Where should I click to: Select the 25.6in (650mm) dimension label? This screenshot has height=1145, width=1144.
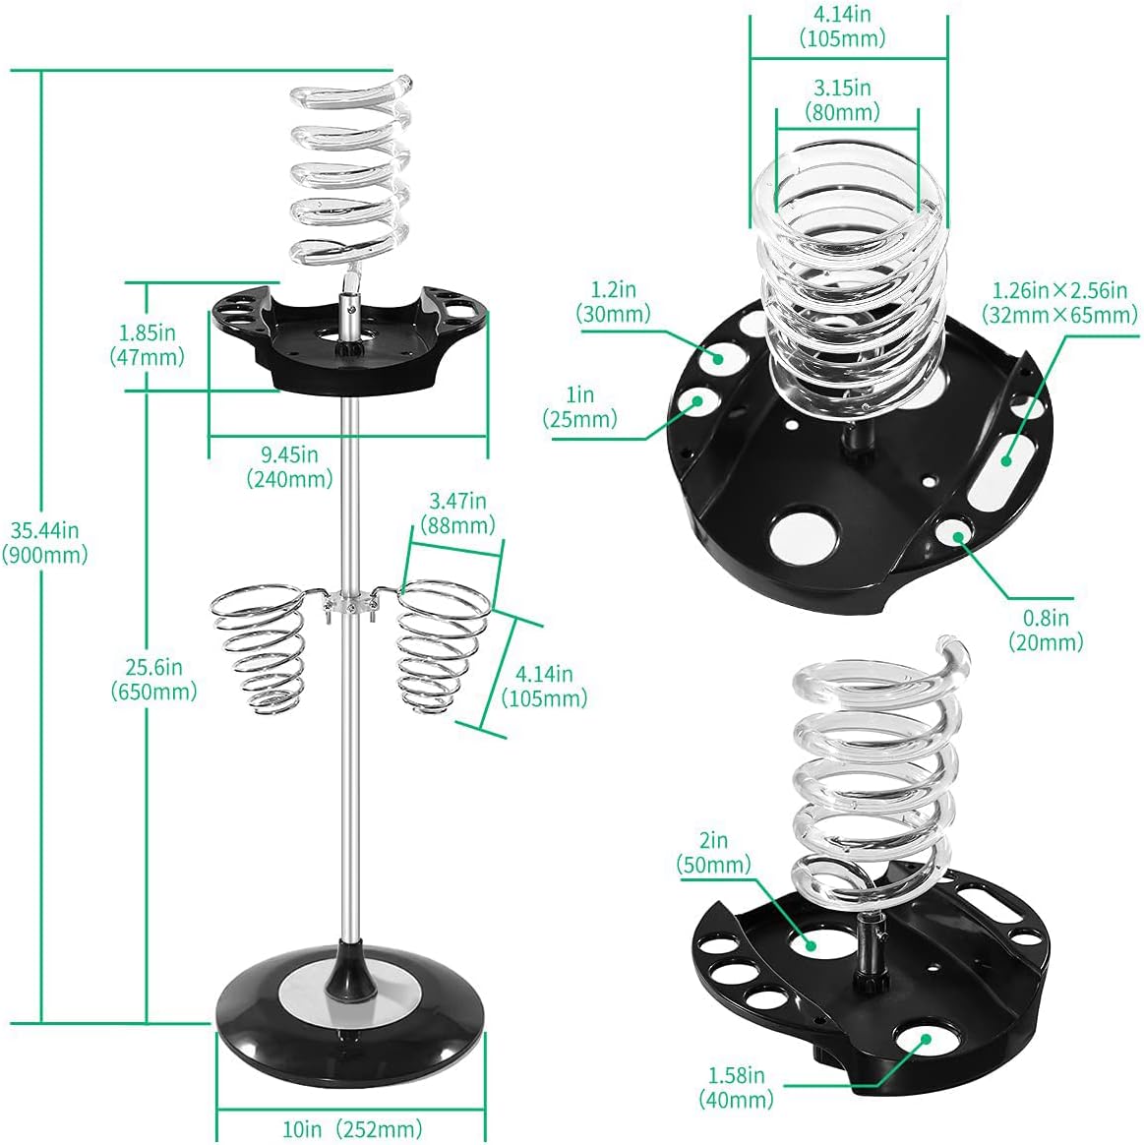coord(153,679)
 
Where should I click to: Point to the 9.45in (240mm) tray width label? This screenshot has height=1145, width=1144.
coord(289,466)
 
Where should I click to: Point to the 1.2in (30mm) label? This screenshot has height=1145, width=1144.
coord(613,302)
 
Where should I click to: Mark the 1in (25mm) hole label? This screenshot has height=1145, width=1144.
coord(579,407)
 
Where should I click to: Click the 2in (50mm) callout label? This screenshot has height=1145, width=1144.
coord(713,853)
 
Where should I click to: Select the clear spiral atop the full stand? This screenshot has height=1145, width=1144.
coord(349,177)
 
